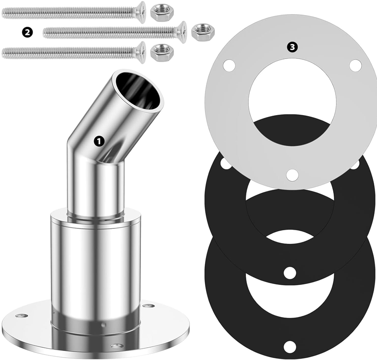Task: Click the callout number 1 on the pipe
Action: pos(99,141)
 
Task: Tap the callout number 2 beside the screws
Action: pos(27,32)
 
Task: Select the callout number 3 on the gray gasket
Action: pos(292,47)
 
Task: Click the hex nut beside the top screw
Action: pos(162,13)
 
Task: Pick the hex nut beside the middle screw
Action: pos(203,32)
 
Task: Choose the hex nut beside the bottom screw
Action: pos(162,52)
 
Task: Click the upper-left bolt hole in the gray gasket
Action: pos(229,65)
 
